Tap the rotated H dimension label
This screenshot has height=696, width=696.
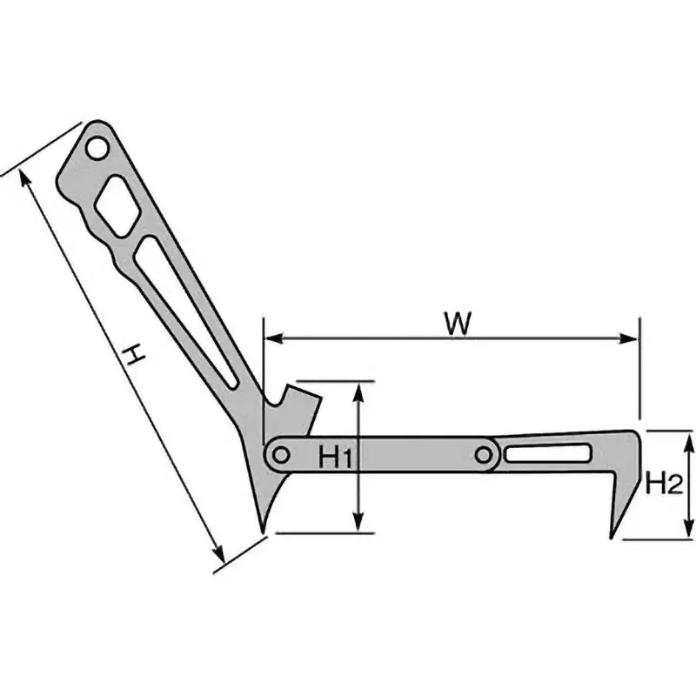(x=131, y=355)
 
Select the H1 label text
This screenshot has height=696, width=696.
(x=334, y=455)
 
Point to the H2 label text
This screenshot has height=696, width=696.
(x=662, y=483)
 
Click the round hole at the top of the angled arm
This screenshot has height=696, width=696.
(x=97, y=149)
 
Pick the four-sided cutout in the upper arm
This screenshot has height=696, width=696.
(x=115, y=205)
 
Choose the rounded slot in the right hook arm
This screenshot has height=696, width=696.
(x=549, y=453)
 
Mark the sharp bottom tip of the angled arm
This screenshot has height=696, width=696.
(x=262, y=527)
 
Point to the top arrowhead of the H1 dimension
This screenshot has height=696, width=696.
(x=358, y=388)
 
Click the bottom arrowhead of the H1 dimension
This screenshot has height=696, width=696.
(x=358, y=526)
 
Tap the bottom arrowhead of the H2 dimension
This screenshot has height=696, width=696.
(x=687, y=532)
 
